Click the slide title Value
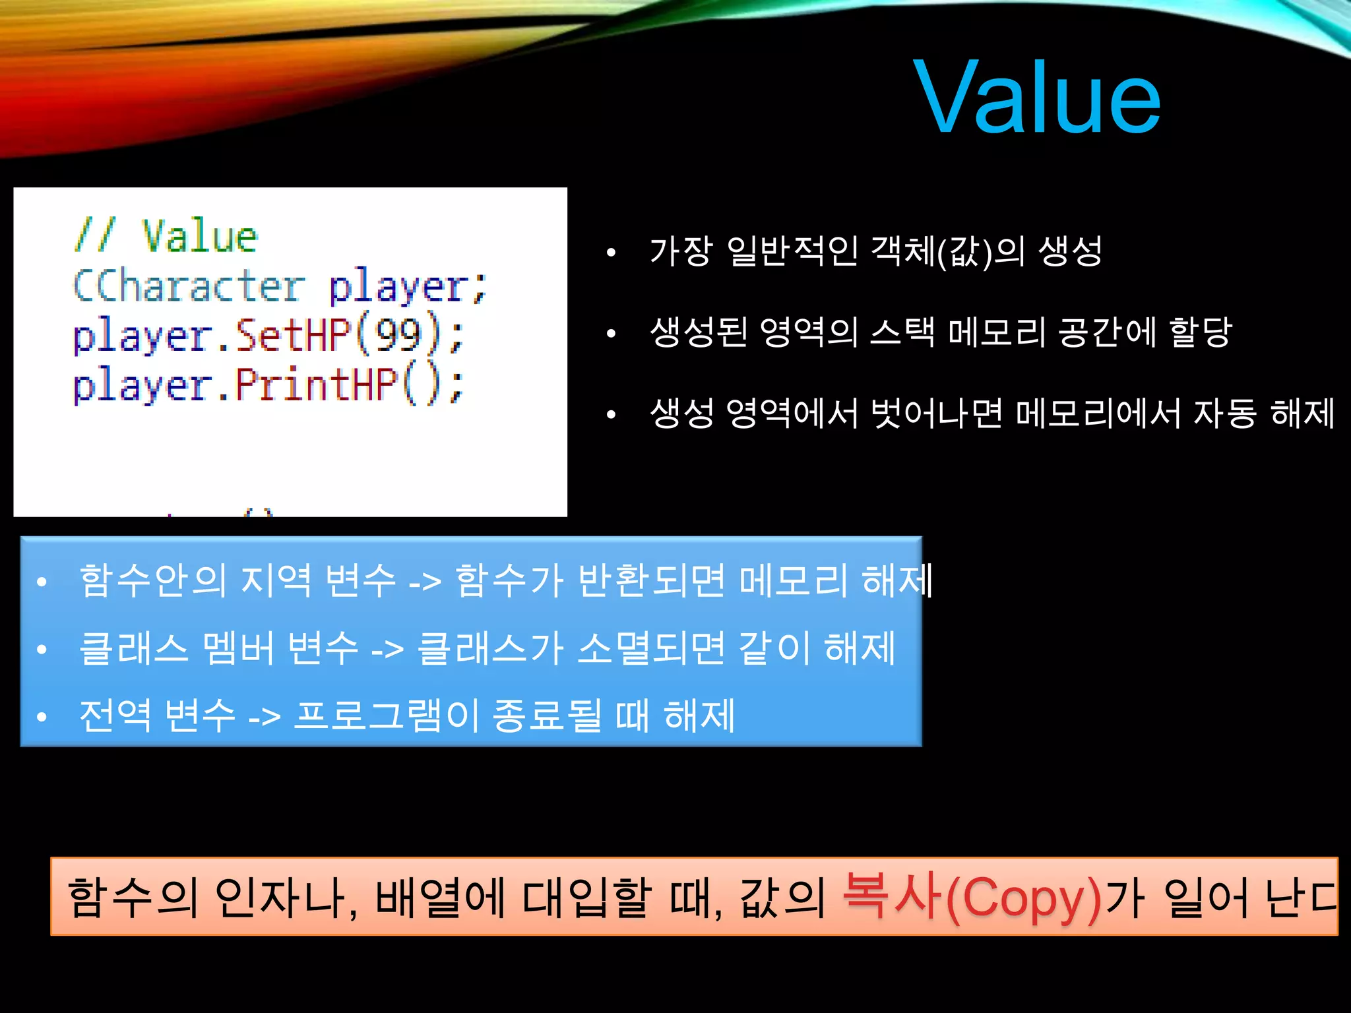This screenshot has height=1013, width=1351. [1037, 98]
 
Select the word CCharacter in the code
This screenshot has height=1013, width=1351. [189, 286]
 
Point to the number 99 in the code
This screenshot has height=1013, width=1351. [398, 335]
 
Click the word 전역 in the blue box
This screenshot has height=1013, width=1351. [115, 716]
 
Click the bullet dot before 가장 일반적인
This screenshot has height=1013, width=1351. [611, 253]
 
